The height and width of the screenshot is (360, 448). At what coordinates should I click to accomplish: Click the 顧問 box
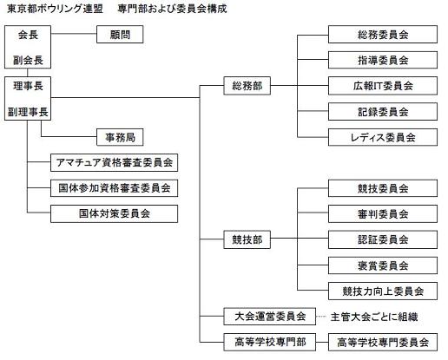(120, 35)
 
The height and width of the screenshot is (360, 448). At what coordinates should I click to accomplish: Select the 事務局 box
(120, 137)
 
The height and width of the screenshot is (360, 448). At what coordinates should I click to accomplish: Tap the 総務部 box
(247, 86)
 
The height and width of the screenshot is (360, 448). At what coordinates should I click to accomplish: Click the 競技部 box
(247, 239)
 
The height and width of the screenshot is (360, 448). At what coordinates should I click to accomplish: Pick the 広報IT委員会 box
(383, 86)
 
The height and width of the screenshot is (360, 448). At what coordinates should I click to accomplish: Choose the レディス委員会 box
(383, 137)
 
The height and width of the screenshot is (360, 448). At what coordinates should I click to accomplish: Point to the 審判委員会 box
(383, 214)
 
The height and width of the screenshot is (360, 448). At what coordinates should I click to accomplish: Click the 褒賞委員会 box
(383, 265)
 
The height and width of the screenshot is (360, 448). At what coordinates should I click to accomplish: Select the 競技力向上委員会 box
(383, 291)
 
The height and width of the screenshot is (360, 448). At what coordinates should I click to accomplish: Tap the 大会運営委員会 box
(269, 317)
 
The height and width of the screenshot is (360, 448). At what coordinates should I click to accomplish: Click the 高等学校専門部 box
(269, 342)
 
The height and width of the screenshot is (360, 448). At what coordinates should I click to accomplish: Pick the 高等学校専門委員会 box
(383, 342)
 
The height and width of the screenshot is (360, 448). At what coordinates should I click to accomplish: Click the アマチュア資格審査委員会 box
(114, 162)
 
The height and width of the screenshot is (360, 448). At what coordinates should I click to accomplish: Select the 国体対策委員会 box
(114, 213)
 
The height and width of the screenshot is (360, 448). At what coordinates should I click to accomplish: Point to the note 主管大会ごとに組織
(374, 317)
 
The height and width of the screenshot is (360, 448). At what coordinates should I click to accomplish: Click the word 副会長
(28, 60)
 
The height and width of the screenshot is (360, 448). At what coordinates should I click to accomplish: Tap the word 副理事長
(28, 112)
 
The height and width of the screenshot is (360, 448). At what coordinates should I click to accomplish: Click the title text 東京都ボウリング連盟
(55, 9)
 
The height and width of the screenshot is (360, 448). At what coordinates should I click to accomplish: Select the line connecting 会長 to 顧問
(74, 34)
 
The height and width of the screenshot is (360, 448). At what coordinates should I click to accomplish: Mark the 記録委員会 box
(383, 111)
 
